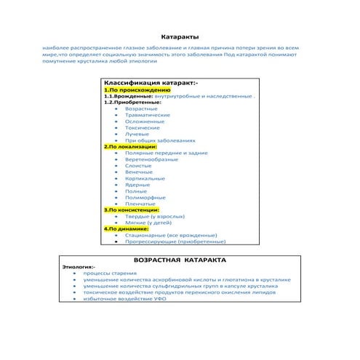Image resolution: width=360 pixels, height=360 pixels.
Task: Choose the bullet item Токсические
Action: click(x=143, y=127)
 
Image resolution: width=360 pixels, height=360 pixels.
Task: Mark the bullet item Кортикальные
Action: click(x=145, y=178)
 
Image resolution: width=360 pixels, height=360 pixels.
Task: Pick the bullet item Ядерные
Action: click(x=137, y=185)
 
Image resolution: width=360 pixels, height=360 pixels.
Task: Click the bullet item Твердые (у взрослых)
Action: click(x=156, y=216)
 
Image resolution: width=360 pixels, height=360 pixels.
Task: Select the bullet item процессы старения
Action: click(x=108, y=273)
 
